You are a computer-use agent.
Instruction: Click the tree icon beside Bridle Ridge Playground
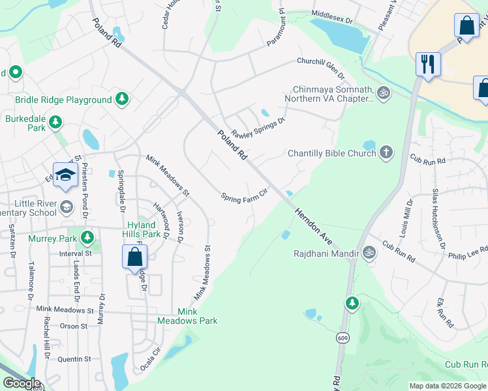(x=121, y=99)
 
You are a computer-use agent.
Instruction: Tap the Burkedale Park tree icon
(x=55, y=121)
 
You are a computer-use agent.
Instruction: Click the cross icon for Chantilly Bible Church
(x=386, y=153)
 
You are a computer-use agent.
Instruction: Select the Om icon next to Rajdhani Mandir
(x=369, y=252)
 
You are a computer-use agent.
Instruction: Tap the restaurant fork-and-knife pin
(x=428, y=64)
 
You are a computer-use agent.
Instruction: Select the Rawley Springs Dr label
(x=258, y=126)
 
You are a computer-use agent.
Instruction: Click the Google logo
(x=22, y=383)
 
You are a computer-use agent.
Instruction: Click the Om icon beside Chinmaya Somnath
(x=384, y=93)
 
